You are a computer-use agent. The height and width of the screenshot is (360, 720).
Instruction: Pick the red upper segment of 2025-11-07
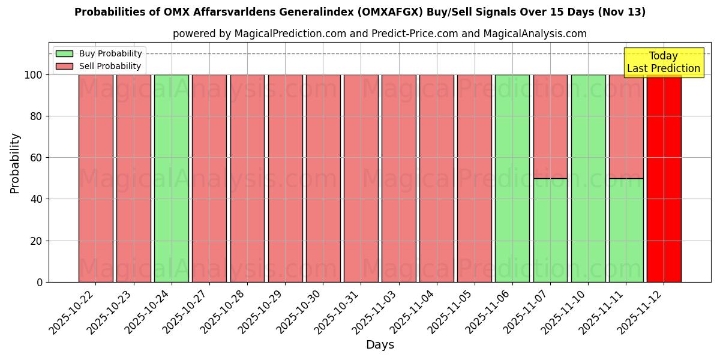click(550, 126)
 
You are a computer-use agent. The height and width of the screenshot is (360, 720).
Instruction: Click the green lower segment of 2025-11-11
click(626, 230)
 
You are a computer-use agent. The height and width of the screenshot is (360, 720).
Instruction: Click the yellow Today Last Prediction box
click(664, 62)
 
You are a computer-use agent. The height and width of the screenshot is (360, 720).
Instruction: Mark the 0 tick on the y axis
click(40, 282)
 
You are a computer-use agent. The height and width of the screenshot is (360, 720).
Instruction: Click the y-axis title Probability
click(15, 163)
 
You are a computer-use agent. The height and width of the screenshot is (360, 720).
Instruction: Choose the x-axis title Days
click(380, 345)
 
